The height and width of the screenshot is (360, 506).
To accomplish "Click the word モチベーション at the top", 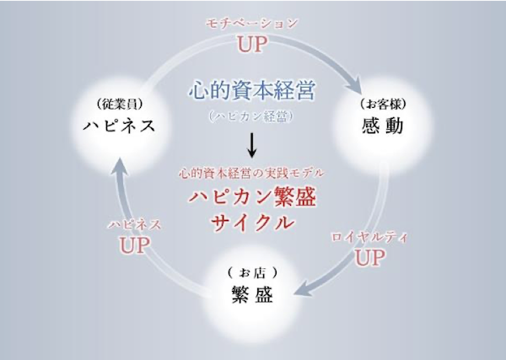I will point(251,24).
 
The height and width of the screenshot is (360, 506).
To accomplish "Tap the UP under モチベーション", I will point(251,44).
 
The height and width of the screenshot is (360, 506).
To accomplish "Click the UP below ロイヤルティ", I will point(369,258).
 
